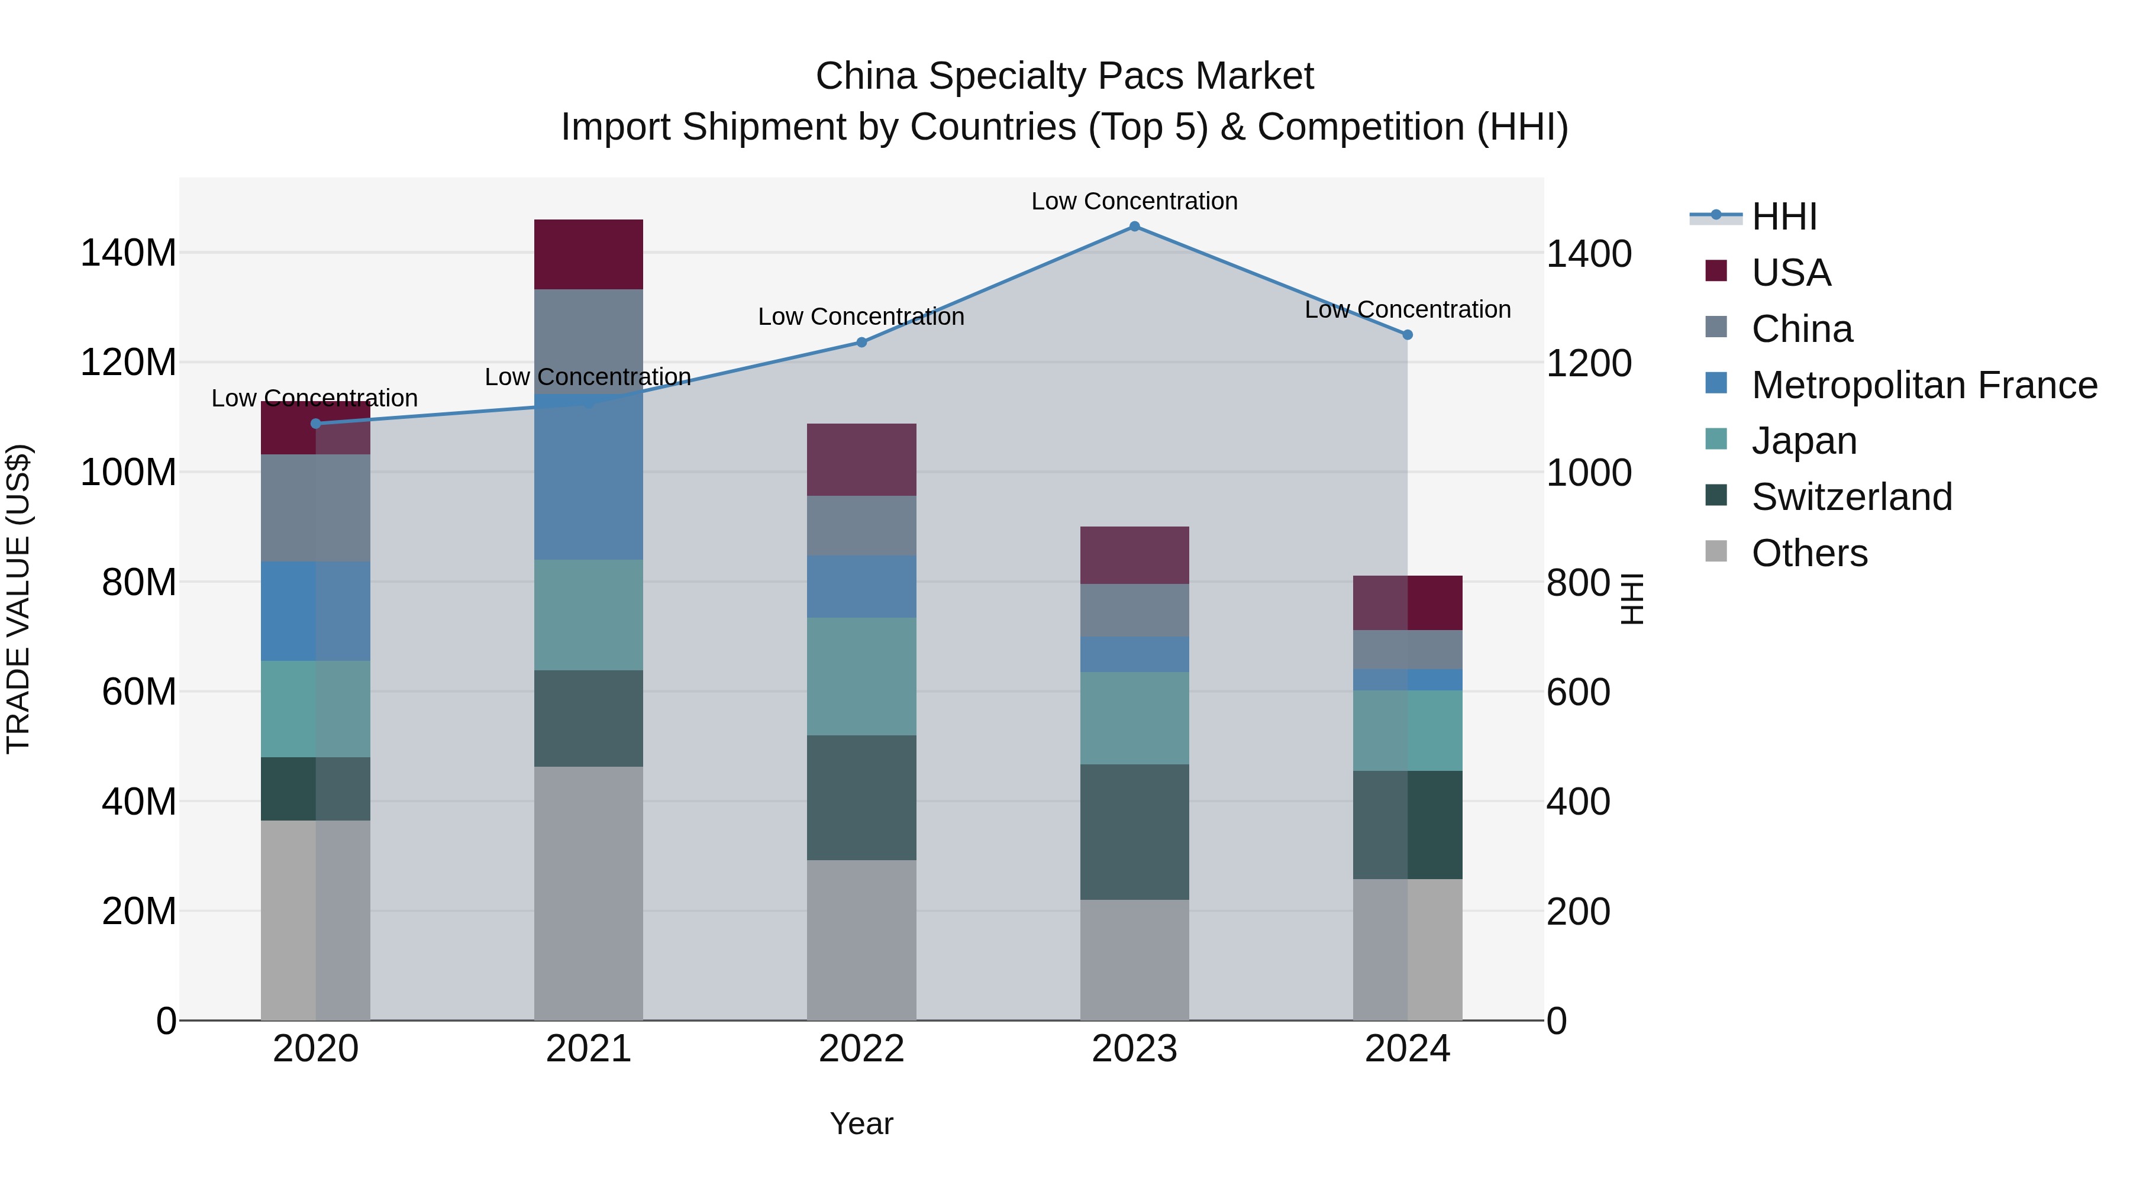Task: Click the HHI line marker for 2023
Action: pyautogui.click(x=1134, y=227)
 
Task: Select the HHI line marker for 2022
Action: pyautogui.click(x=861, y=343)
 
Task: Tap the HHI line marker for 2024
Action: pyautogui.click(x=1408, y=335)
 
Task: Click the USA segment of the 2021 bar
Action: pyautogui.click(x=588, y=254)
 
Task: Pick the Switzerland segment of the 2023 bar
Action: pyautogui.click(x=1134, y=832)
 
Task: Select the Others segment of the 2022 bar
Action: pyautogui.click(x=861, y=940)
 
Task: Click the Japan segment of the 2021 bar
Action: pyautogui.click(x=588, y=615)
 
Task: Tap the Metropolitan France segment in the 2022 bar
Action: pyautogui.click(x=861, y=587)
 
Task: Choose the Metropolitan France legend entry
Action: pyautogui.click(x=1924, y=385)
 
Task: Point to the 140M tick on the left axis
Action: pyautogui.click(x=128, y=253)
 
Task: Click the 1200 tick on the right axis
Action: pyautogui.click(x=1589, y=364)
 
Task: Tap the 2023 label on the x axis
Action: pyautogui.click(x=1134, y=1049)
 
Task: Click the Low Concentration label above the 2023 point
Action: pyautogui.click(x=1134, y=201)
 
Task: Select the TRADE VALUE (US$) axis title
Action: pyautogui.click(x=18, y=599)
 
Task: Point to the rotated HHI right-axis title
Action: pyautogui.click(x=1631, y=599)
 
